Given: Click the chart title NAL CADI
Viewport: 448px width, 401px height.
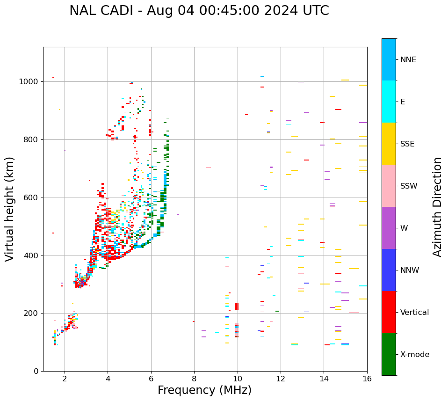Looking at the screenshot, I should (103, 11).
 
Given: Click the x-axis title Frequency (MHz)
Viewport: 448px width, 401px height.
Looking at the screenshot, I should (204, 390).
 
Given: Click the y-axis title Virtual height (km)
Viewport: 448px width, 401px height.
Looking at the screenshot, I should (10, 209).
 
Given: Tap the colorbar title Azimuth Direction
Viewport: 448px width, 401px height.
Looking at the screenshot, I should (437, 207).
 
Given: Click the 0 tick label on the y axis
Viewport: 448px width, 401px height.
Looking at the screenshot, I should (36, 371).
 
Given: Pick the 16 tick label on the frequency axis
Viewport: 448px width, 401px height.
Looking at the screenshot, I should (367, 379).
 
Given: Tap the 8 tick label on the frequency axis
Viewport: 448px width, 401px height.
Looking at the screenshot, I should (194, 379).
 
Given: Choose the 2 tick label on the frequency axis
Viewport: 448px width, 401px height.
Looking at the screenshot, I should (65, 379).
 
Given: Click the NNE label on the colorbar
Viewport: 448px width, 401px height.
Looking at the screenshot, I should (408, 60).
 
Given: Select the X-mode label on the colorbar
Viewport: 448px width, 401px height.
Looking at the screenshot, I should (415, 355).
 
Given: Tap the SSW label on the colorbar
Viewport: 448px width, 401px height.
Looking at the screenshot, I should (409, 186).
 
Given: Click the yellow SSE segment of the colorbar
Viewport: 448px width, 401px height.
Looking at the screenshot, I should (389, 144).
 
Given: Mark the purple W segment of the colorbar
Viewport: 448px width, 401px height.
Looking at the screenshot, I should (389, 228).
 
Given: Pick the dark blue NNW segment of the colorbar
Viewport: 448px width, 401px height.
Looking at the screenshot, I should (389, 270).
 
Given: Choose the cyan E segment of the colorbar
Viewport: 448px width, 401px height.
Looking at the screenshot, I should (389, 102).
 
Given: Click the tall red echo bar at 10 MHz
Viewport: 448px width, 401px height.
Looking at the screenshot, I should (237, 306).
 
